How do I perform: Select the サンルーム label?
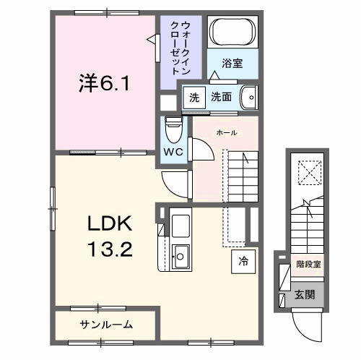pos(105,324)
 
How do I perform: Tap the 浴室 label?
pos(232,64)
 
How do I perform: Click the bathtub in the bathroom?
pos(232,33)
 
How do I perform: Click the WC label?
pos(173,151)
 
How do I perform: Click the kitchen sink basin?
pos(180,255)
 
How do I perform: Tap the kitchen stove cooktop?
pos(180,223)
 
